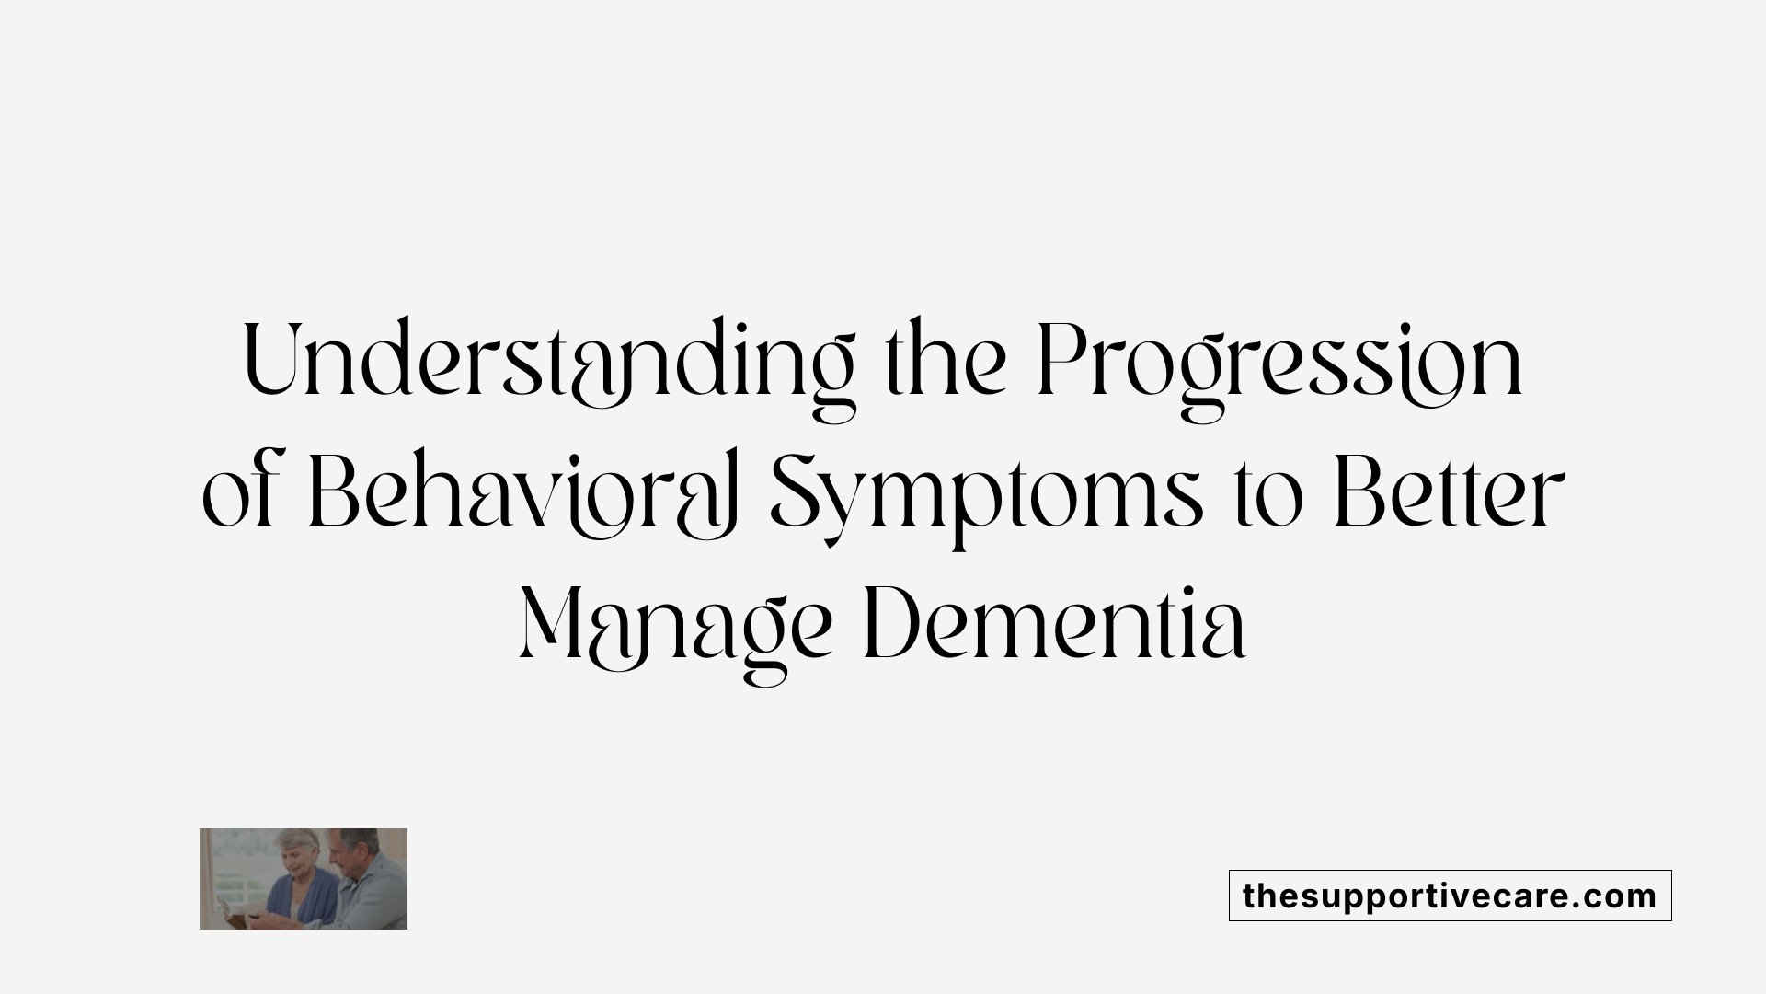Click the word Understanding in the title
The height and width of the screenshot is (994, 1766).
tap(549, 362)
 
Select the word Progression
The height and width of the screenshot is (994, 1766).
tap(1279, 362)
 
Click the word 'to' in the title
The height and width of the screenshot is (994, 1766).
tap(1270, 500)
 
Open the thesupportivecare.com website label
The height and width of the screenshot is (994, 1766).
tap(1450, 896)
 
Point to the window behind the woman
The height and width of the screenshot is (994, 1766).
tap(230, 865)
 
